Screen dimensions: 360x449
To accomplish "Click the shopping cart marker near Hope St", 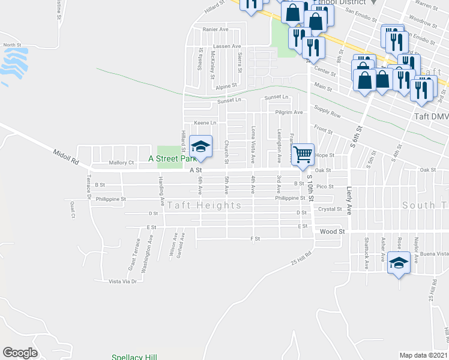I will (x=303, y=154).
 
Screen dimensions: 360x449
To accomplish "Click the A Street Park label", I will (x=173, y=160).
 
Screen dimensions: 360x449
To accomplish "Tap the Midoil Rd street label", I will (x=66, y=157).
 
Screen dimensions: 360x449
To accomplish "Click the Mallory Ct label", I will (x=122, y=163).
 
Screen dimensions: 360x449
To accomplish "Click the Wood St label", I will (x=332, y=231).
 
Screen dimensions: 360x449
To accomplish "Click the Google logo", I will (x=20, y=353).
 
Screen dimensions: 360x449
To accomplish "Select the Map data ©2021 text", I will (x=423, y=355).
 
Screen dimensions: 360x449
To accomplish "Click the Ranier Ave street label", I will (x=215, y=29).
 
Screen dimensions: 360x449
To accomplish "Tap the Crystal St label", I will (x=330, y=209).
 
